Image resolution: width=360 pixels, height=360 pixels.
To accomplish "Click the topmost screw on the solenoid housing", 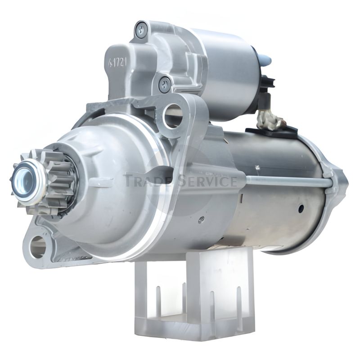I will pos(141,30).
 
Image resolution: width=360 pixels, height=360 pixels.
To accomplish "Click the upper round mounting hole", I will pos(172,115).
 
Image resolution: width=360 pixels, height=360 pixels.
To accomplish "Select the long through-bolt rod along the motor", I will pos(288,182).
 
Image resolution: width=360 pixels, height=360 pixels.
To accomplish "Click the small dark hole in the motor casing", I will pos(301,208).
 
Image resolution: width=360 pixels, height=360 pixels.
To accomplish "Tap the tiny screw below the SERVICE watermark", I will pos(201,220).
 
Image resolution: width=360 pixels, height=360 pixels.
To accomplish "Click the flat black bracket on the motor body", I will pos(272,130).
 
